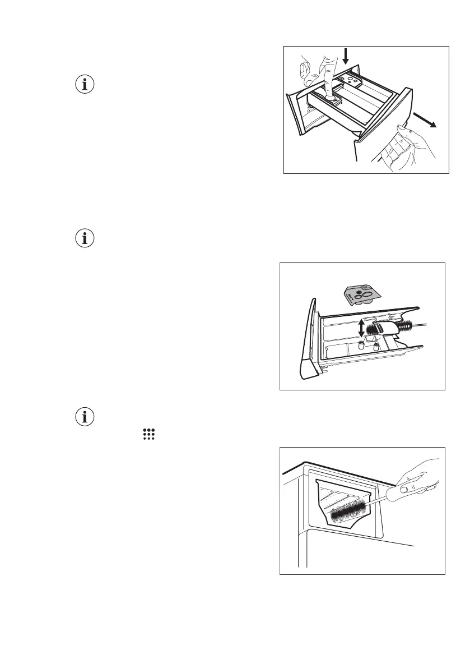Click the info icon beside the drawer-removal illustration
pyautogui.click(x=85, y=85)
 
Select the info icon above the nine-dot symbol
pyautogui.click(x=85, y=417)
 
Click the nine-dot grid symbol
pyautogui.click(x=148, y=434)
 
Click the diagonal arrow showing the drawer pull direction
pyautogui.click(x=424, y=119)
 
